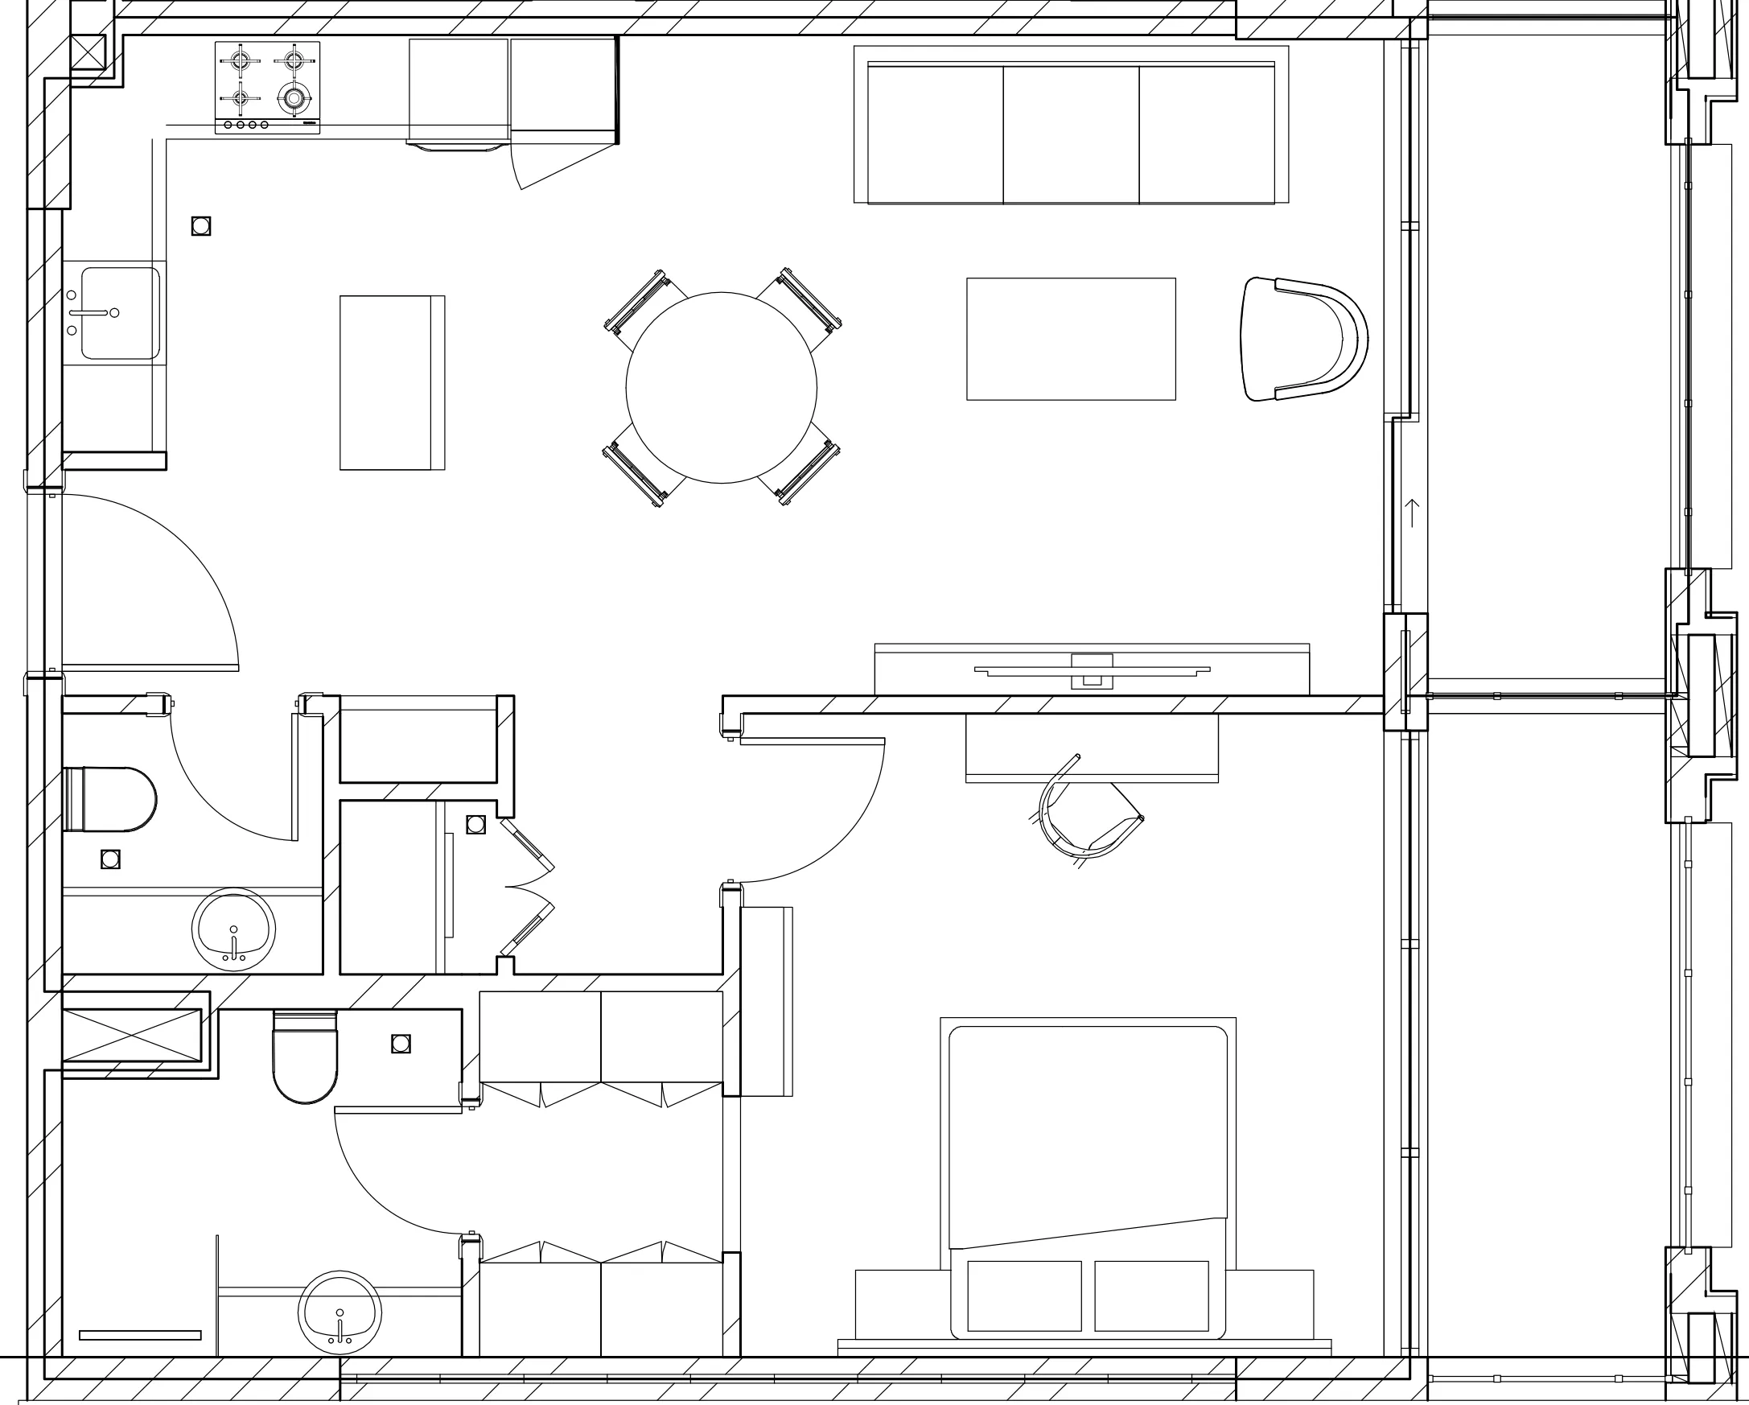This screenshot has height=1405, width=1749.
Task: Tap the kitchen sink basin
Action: [x=121, y=313]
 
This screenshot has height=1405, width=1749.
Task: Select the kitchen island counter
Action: [x=392, y=382]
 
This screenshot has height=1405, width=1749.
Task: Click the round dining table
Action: [x=721, y=387]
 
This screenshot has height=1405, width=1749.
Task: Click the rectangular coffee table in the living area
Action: [x=1071, y=339]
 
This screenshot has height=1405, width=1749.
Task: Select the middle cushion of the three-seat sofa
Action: [x=1071, y=134]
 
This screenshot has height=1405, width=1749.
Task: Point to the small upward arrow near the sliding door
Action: [x=1412, y=513]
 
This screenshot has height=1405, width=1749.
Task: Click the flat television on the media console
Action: [x=1092, y=670]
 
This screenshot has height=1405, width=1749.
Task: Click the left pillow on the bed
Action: [x=1025, y=1296]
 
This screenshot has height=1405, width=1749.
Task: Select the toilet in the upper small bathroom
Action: [x=110, y=799]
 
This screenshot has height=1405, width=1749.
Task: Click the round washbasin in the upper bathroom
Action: [x=233, y=930]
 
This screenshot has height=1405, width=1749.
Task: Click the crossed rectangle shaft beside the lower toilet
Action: [x=131, y=1034]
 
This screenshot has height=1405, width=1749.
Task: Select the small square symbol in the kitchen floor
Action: [x=201, y=226]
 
